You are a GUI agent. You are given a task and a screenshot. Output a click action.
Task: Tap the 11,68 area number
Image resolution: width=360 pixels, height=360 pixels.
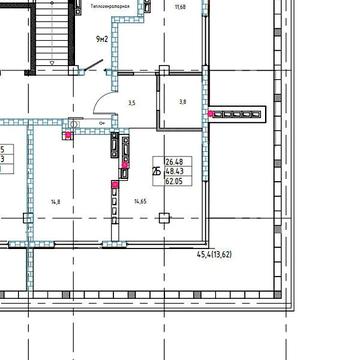180,7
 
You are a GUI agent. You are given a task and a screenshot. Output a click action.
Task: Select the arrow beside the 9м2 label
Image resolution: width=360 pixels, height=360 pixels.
93,67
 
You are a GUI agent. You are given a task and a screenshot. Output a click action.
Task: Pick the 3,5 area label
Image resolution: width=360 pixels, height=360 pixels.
131,102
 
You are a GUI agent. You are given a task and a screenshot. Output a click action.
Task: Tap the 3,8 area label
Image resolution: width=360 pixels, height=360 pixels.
182,102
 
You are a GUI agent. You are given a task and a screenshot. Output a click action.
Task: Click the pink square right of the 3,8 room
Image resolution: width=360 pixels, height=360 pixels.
211,114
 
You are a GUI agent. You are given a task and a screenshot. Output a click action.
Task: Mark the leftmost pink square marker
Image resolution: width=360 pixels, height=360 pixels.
68,132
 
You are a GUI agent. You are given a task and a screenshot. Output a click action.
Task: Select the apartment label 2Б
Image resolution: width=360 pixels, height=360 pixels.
155,171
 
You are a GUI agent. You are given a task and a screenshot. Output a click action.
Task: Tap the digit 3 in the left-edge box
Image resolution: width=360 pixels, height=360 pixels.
3,158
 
